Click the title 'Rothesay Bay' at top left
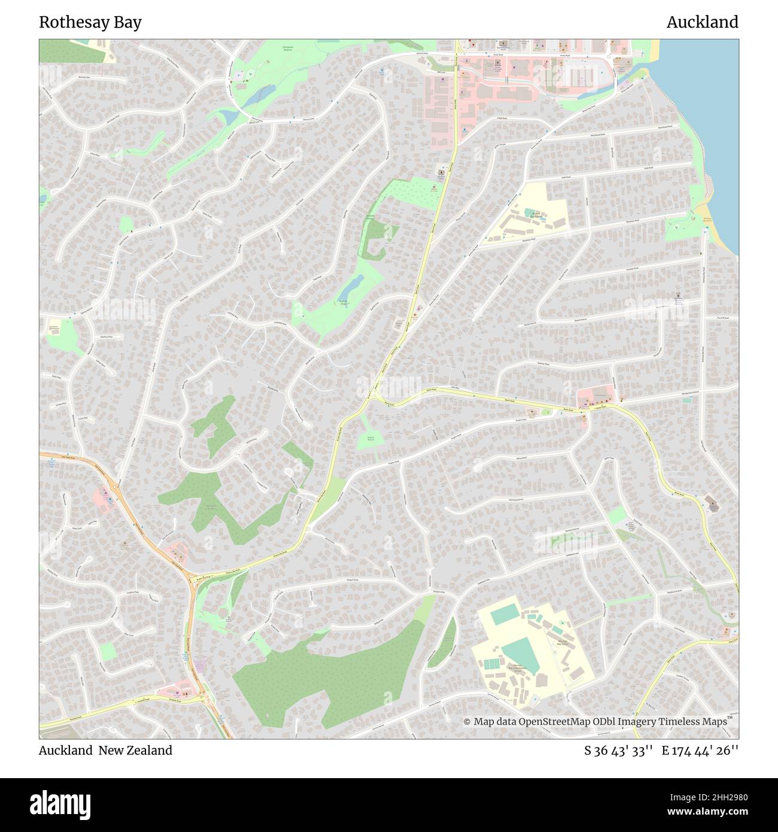tap(90, 22)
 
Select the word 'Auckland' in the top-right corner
tap(702, 22)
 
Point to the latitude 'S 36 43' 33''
tap(618, 750)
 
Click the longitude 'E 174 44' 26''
tap(700, 750)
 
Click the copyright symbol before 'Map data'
tap(467, 722)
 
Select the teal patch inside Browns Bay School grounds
tap(530, 212)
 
